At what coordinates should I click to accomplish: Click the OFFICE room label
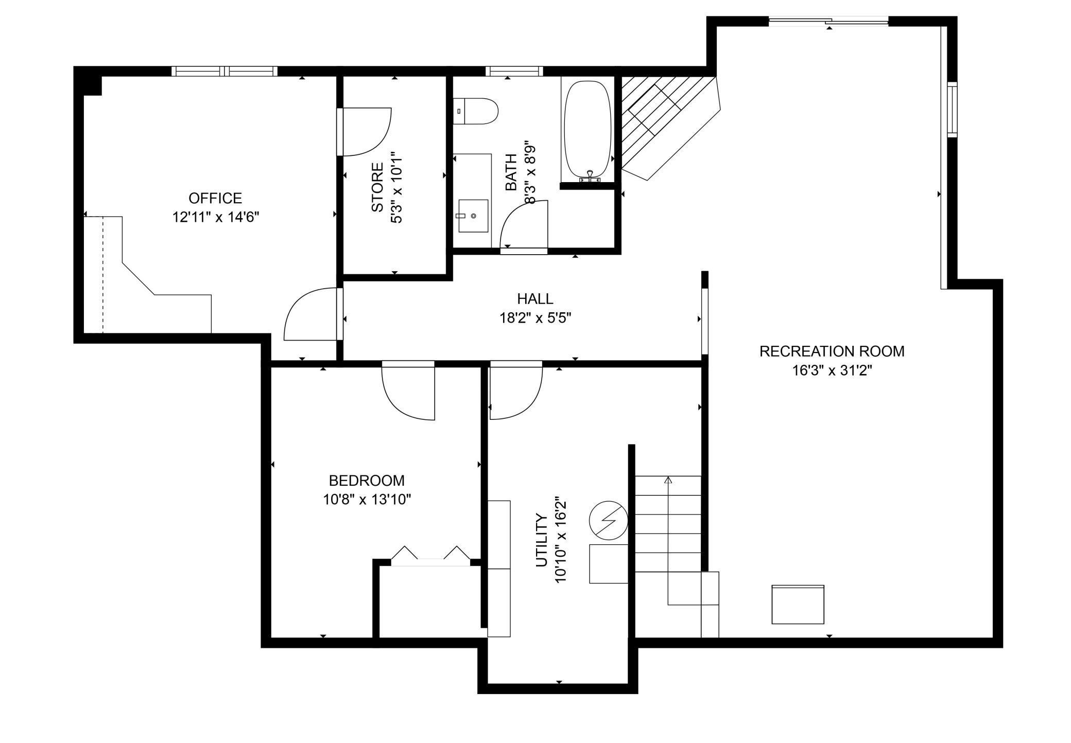(x=215, y=198)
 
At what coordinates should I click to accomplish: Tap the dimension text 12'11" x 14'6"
(x=215, y=217)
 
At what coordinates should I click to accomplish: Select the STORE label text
(x=377, y=187)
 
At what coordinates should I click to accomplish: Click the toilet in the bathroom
(x=476, y=111)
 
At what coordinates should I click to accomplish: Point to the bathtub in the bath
(x=588, y=129)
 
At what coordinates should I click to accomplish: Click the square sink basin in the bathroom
(x=473, y=216)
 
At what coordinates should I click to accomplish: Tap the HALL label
(x=535, y=298)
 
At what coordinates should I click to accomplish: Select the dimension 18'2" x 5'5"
(x=535, y=318)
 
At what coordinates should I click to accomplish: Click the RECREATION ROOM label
(x=832, y=351)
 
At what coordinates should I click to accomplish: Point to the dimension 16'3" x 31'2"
(x=832, y=370)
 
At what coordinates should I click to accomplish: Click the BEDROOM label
(x=367, y=481)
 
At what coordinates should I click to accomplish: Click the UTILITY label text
(x=541, y=540)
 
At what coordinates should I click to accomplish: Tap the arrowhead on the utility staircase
(x=668, y=480)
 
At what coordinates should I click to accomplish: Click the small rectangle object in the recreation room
(x=798, y=604)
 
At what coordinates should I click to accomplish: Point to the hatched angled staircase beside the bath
(x=664, y=123)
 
